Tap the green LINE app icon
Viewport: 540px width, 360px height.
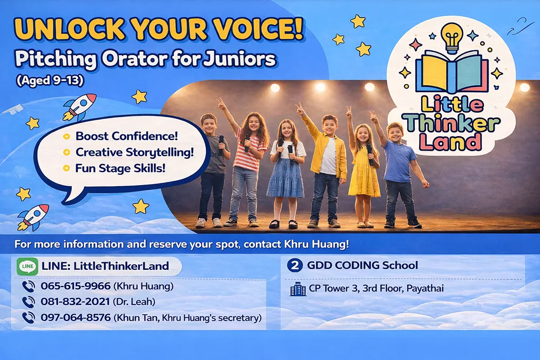(x=27, y=267)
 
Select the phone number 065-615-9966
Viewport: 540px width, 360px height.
(x=76, y=286)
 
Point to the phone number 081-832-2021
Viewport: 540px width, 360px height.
(x=75, y=302)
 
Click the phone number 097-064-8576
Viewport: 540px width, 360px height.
(x=76, y=317)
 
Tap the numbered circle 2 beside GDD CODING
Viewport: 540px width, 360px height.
(x=295, y=266)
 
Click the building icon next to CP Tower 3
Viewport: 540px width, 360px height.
(x=298, y=289)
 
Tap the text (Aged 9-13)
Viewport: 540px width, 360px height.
(x=50, y=80)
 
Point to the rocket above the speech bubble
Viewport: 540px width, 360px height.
(x=79, y=107)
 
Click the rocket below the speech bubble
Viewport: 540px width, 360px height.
(x=33, y=217)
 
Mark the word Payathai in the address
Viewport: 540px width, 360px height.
(x=425, y=288)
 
